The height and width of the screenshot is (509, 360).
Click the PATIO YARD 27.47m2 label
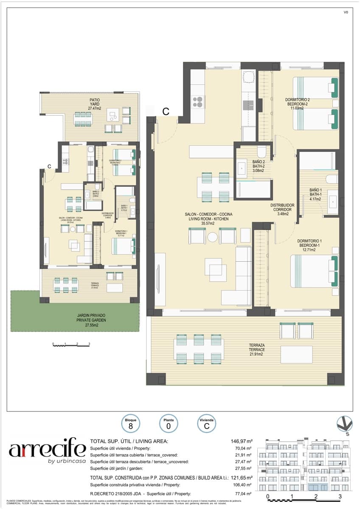point(94,104)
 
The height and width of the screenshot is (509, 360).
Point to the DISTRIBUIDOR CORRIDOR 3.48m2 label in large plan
point(282,209)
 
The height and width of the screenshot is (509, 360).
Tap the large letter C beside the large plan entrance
point(166,112)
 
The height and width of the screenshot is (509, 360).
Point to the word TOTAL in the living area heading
point(99,441)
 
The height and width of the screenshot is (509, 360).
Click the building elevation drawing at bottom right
point(306,465)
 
